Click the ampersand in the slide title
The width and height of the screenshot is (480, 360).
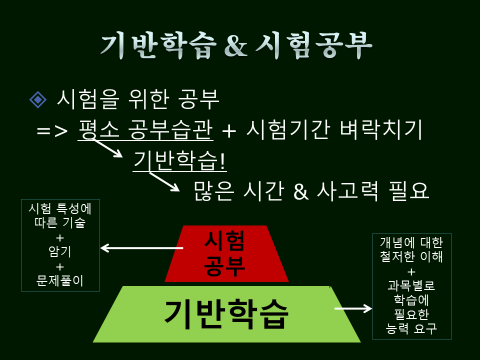pos(234,46)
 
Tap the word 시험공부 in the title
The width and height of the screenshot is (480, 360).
pos(314,46)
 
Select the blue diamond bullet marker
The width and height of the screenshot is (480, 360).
pos(37,99)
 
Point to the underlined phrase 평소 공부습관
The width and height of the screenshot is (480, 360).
pos(145,130)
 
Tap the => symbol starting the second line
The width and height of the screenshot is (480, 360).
pos(52,131)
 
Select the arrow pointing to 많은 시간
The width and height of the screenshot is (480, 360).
pos(164,181)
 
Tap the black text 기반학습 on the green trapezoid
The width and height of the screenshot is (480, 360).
pos(226,313)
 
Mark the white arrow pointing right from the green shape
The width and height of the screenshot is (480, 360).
pos(353,308)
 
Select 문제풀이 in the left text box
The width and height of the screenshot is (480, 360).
pos(60,281)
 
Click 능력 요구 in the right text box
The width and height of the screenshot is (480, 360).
pos(411,328)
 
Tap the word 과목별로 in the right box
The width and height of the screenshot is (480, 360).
pos(411,286)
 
